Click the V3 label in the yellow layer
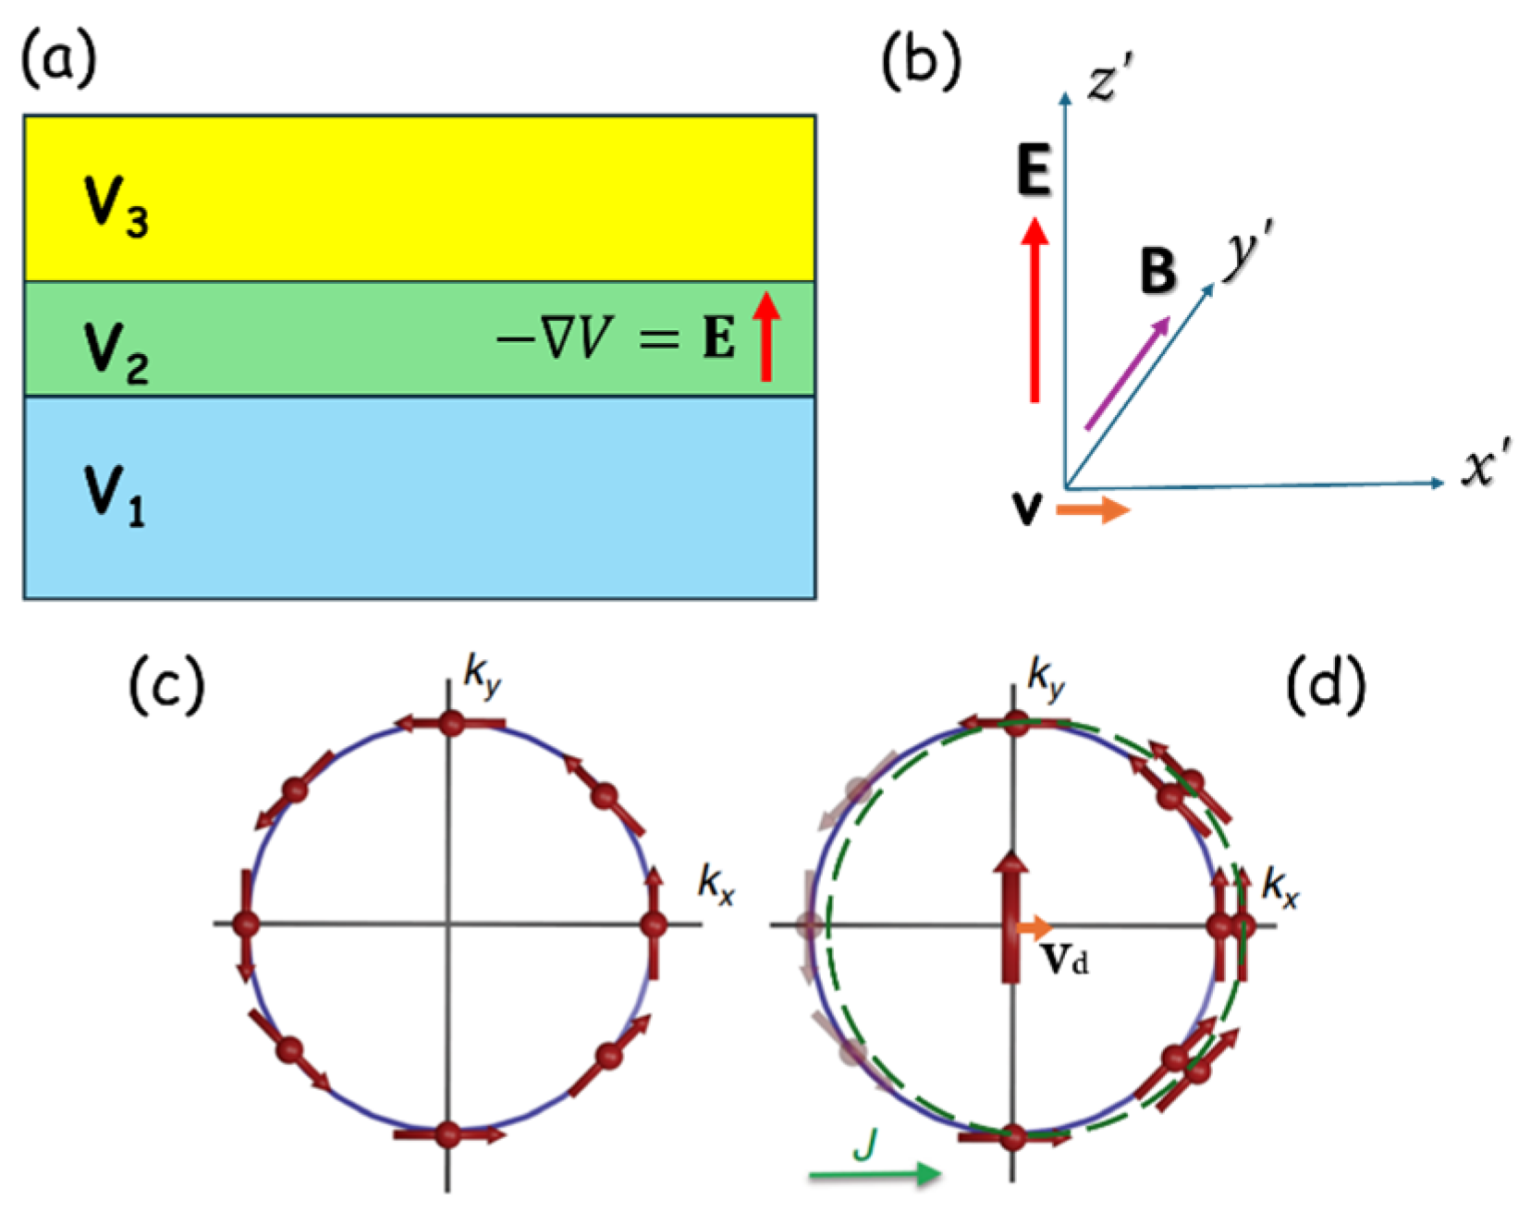(116, 205)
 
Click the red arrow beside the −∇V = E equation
(765, 336)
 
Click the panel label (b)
(921, 61)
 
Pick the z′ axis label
(1110, 78)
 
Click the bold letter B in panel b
(1157, 271)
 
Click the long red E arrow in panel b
(1035, 310)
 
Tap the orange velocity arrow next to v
(1093, 509)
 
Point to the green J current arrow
(875, 1174)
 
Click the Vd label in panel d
(1065, 960)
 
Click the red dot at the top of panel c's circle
(450, 724)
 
